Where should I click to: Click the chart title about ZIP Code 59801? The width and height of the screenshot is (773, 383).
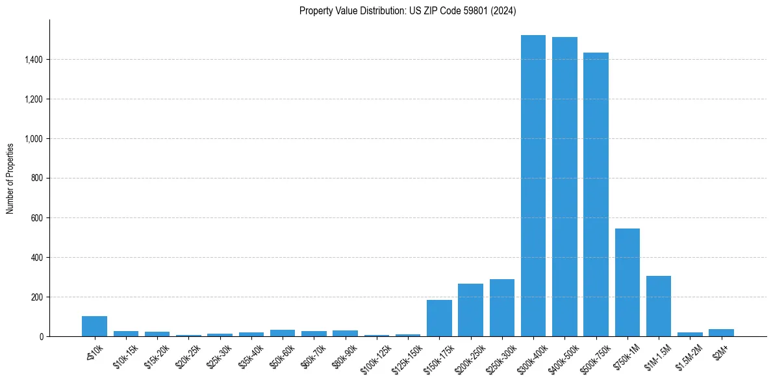click(x=407, y=10)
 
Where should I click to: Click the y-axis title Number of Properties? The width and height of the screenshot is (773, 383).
click(x=10, y=178)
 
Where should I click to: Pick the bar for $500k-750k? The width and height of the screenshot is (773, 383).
click(x=596, y=195)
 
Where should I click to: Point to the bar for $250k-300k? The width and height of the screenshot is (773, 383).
click(x=502, y=308)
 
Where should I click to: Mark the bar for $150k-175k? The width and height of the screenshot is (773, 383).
click(x=439, y=318)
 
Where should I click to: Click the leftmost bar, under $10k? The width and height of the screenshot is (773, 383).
click(x=94, y=327)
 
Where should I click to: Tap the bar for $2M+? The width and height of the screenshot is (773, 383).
click(x=721, y=333)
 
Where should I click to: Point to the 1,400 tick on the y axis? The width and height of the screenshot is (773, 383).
click(x=34, y=60)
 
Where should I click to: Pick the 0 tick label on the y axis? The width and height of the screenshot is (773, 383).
click(x=42, y=337)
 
